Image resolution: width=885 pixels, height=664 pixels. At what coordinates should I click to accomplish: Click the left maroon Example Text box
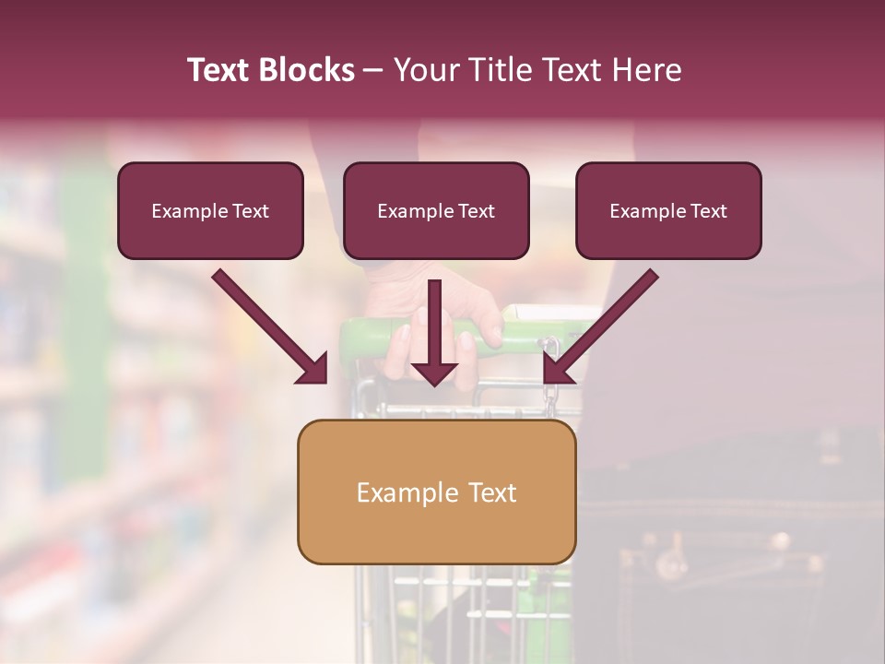(210, 210)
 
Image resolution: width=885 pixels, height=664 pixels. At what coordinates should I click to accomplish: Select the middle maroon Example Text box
(436, 210)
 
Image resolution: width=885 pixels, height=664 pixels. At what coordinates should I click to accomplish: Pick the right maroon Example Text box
(668, 210)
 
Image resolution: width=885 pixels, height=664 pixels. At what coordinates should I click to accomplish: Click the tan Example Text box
(437, 492)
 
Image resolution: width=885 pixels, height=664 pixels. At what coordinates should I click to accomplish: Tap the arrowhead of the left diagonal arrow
(313, 370)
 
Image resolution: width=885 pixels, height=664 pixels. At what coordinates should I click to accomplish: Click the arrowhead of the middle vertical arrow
(434, 373)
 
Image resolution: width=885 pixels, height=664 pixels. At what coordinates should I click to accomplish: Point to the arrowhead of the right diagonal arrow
(556, 370)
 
